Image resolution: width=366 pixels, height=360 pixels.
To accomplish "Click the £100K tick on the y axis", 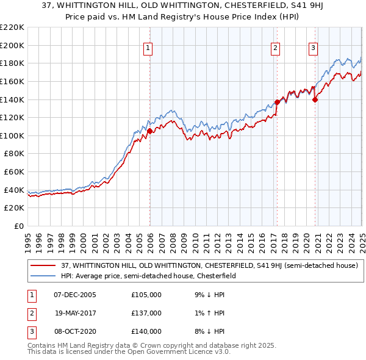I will pyautogui.click(x=12, y=135).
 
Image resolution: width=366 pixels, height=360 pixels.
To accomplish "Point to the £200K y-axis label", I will pyautogui.click(x=12, y=45).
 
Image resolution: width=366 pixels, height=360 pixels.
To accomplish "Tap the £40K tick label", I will pyautogui.click(x=14, y=190).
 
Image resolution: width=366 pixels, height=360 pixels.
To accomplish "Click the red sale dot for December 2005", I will pyautogui.click(x=149, y=131).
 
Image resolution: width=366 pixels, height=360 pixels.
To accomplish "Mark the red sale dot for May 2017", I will pyautogui.click(x=277, y=102).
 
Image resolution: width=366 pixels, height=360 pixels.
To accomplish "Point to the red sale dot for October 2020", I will pyautogui.click(x=315, y=99).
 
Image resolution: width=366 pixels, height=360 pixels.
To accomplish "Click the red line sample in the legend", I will pyautogui.click(x=43, y=265).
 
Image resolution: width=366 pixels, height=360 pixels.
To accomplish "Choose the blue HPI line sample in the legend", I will pyautogui.click(x=43, y=276).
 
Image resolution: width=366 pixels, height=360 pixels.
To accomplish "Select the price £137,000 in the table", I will pyautogui.click(x=146, y=313).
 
